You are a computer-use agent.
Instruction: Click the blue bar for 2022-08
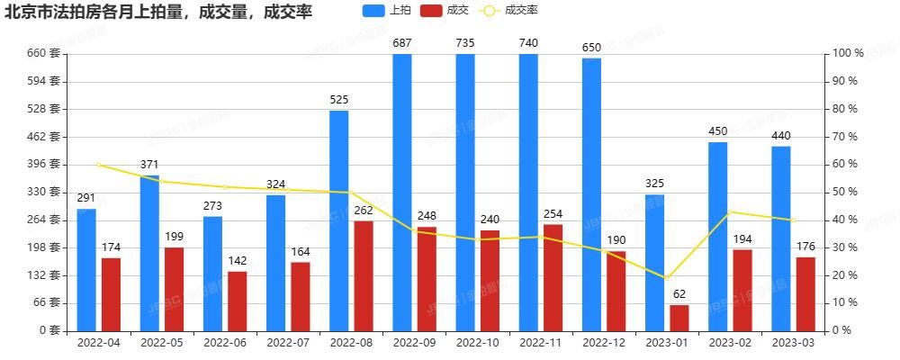point(338,220)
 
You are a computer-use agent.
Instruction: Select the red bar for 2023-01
point(679,318)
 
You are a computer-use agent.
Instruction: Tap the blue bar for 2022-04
point(86,269)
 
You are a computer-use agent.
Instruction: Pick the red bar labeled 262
point(363,275)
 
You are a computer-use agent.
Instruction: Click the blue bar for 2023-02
point(717,236)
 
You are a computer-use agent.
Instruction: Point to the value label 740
point(528,43)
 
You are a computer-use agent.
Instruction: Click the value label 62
point(679,293)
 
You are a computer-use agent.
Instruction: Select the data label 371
point(149,165)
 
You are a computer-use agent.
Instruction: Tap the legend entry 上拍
point(388,11)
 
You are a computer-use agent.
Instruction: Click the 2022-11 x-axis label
point(540,343)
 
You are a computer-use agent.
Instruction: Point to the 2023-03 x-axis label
point(792,343)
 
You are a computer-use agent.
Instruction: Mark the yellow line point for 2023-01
point(666,278)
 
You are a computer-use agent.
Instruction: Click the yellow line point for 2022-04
point(98,165)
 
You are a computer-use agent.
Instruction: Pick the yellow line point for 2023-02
point(730,211)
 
